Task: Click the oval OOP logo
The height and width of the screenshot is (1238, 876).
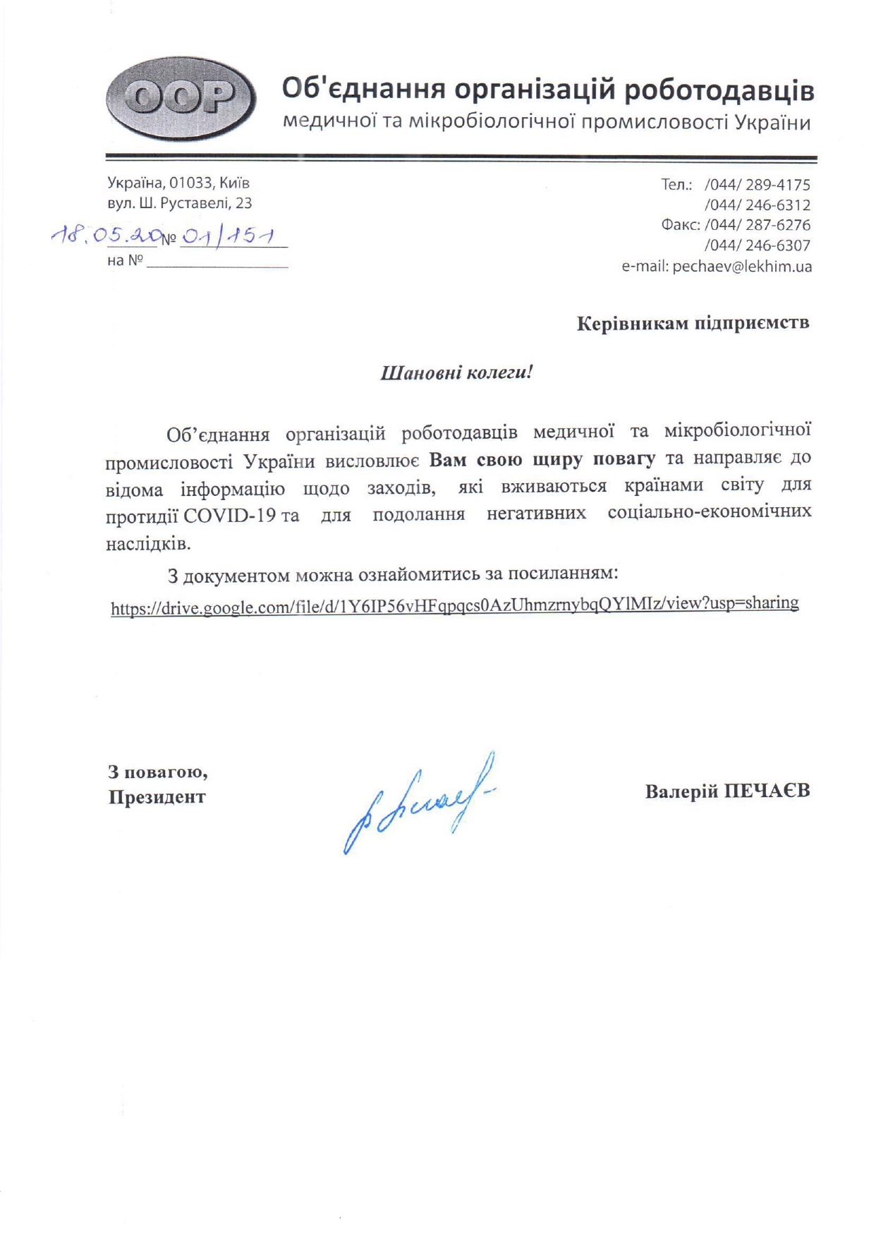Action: (181, 99)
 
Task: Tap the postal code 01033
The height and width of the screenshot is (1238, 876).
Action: (191, 183)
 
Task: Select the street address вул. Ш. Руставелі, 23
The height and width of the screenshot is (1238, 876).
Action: (179, 203)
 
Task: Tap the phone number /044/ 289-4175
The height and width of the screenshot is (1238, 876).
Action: (757, 185)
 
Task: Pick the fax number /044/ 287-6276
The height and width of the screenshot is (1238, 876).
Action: (757, 225)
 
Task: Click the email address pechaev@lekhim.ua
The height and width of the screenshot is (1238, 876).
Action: (742, 267)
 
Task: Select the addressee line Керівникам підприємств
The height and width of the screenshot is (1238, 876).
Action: (693, 323)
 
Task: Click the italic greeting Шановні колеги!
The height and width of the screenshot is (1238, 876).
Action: (456, 372)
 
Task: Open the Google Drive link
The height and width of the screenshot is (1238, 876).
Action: (454, 605)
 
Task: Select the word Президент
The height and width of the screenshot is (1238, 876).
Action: (157, 797)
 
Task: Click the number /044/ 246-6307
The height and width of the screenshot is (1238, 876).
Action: (757, 245)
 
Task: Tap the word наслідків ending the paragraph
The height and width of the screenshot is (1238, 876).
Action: (148, 544)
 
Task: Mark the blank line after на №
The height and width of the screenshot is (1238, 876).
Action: (217, 266)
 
